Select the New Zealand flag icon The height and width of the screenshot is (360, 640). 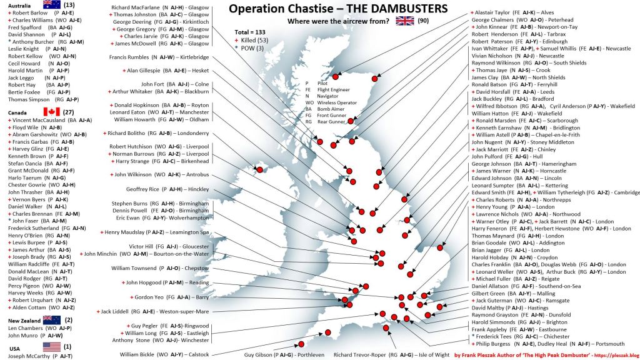tap(52, 319)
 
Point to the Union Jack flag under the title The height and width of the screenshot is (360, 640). tap(405, 21)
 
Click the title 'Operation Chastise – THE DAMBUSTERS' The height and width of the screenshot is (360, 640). tap(337, 9)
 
